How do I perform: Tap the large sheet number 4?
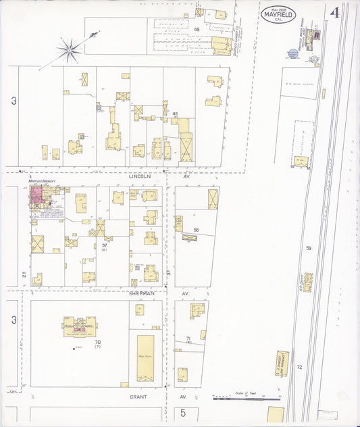point(334,12)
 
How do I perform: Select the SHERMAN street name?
point(142,294)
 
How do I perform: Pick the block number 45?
point(197,30)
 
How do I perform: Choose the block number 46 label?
point(175,114)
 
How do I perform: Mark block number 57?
point(105,245)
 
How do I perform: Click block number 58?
point(197,230)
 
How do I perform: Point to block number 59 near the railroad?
point(309,248)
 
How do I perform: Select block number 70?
point(97,343)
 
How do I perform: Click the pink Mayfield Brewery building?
point(36,197)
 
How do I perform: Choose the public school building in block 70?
point(80,326)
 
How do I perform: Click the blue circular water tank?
point(292,53)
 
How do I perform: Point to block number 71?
point(189,337)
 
